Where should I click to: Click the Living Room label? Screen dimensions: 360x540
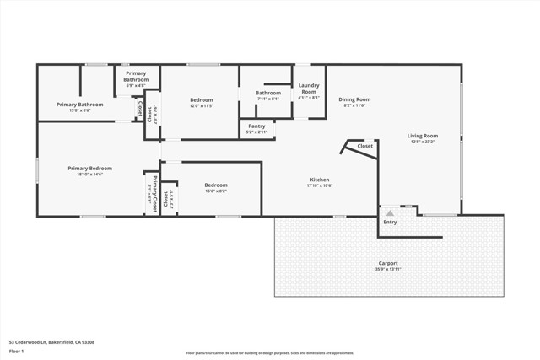423,136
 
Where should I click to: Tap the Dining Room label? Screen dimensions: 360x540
354,99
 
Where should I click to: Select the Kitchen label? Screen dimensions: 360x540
319,180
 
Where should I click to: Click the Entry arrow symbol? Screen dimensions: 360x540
390,214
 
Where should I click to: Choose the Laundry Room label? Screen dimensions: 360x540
309,89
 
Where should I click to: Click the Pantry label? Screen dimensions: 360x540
256,126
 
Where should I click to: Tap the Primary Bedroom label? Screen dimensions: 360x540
89,168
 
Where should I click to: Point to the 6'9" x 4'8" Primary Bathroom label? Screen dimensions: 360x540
136,85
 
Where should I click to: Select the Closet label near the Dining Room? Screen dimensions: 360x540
364,146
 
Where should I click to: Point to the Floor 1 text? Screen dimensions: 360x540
17,352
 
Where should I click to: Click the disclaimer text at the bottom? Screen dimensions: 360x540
270,353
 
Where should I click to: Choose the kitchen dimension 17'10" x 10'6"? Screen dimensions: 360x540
319,185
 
